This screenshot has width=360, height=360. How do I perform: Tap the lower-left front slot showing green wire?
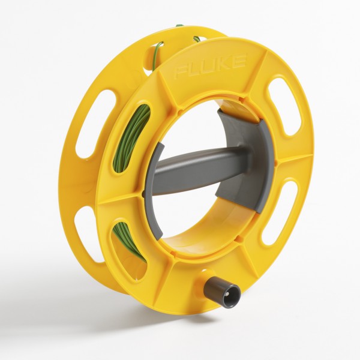(130, 240)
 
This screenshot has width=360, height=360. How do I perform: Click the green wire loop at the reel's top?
(157, 50)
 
